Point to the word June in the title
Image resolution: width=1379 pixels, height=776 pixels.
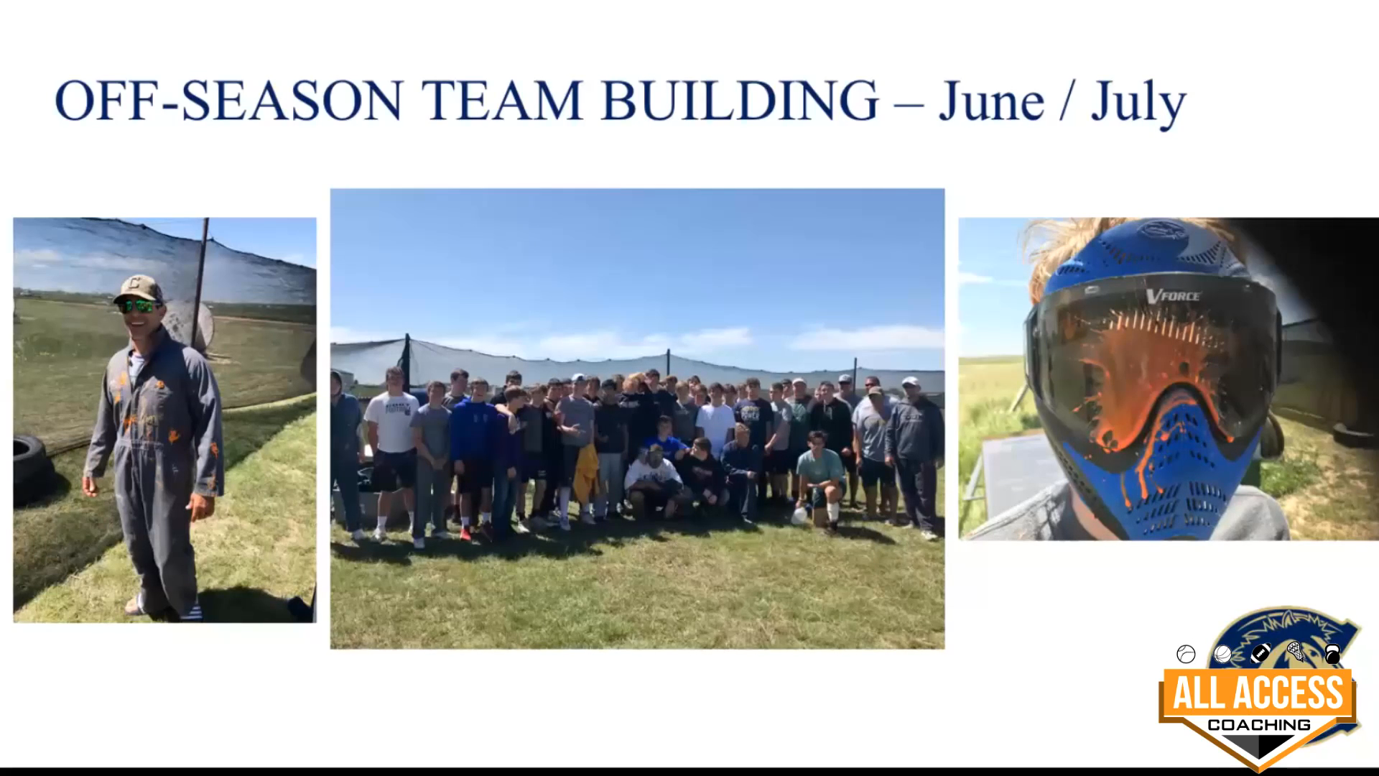tap(991, 101)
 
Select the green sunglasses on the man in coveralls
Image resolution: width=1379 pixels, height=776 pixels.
tap(139, 306)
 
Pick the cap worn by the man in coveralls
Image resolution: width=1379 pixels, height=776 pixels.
tap(137, 288)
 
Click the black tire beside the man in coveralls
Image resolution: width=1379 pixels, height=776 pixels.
tap(32, 471)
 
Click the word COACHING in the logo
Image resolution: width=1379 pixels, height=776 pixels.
tap(1258, 724)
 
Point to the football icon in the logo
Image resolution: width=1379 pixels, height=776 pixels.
tap(1260, 653)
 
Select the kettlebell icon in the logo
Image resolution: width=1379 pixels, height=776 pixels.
tap(1332, 654)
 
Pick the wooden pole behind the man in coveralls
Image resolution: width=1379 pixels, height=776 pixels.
tap(200, 284)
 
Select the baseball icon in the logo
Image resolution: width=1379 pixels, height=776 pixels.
tap(1186, 654)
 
